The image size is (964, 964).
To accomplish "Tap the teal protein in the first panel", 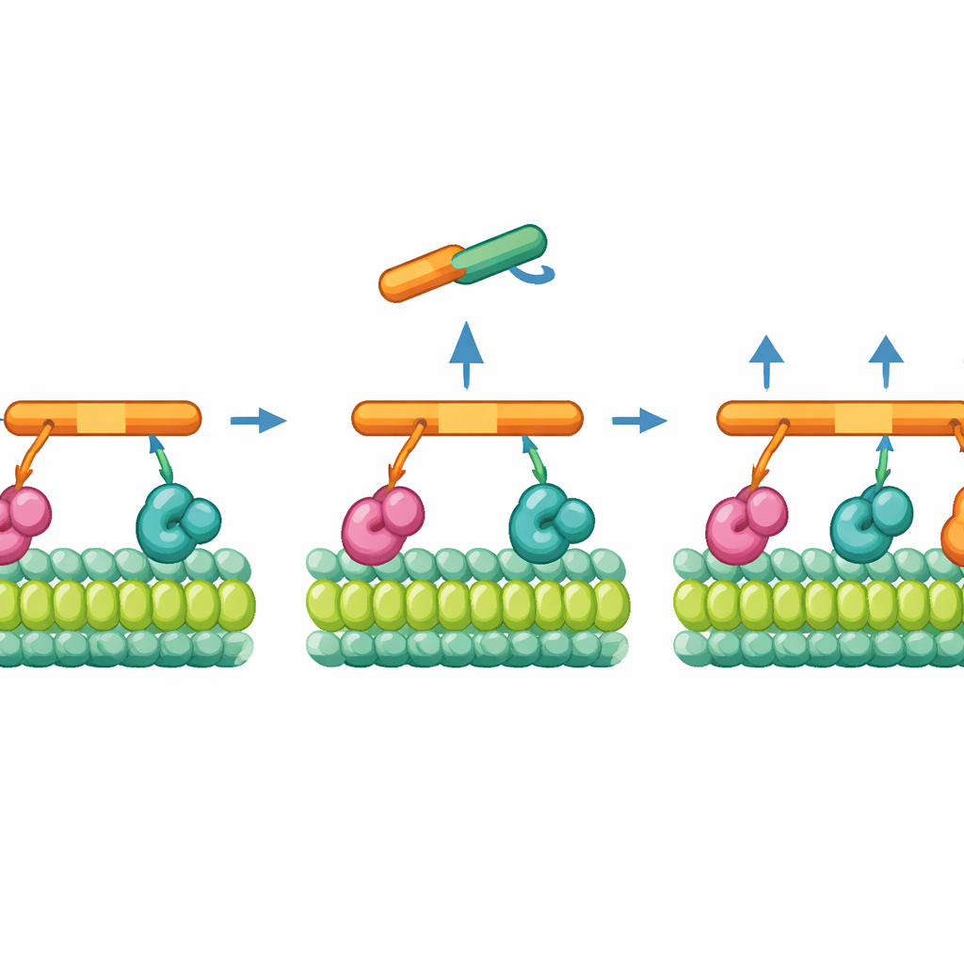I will coord(176,522).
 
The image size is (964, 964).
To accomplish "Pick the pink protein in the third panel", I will coord(745,522).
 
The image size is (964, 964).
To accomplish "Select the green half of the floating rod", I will coord(500,252).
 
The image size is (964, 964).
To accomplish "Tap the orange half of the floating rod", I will coord(421,274).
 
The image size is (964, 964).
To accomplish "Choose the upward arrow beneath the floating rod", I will coord(466,354).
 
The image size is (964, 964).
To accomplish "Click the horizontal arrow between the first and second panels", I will coord(258,420).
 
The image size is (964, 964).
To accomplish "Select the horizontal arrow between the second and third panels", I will coord(639,420).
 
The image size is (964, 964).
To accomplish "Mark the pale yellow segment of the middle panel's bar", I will coord(467,418).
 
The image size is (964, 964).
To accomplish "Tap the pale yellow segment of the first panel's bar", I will coord(101,418).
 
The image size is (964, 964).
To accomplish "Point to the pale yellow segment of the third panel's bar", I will coord(862,418).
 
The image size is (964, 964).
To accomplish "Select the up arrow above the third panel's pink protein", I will coord(766,361).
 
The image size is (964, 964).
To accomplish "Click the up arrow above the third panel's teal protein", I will coord(885,361).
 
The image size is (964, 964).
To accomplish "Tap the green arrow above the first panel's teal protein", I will coord(162,459).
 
